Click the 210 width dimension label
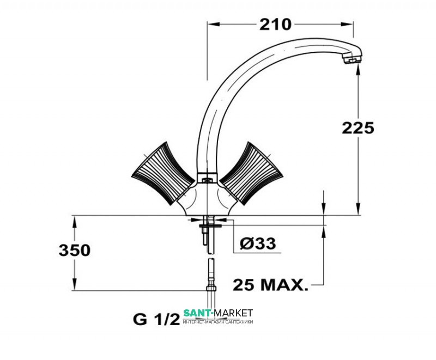275,25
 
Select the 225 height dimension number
358,128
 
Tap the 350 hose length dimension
75,250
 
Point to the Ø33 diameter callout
257,243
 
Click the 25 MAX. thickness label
270,285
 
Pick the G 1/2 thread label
156,320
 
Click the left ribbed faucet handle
162,173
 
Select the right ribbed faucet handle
251,173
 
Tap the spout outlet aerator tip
353,59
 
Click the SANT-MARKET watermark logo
218,313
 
